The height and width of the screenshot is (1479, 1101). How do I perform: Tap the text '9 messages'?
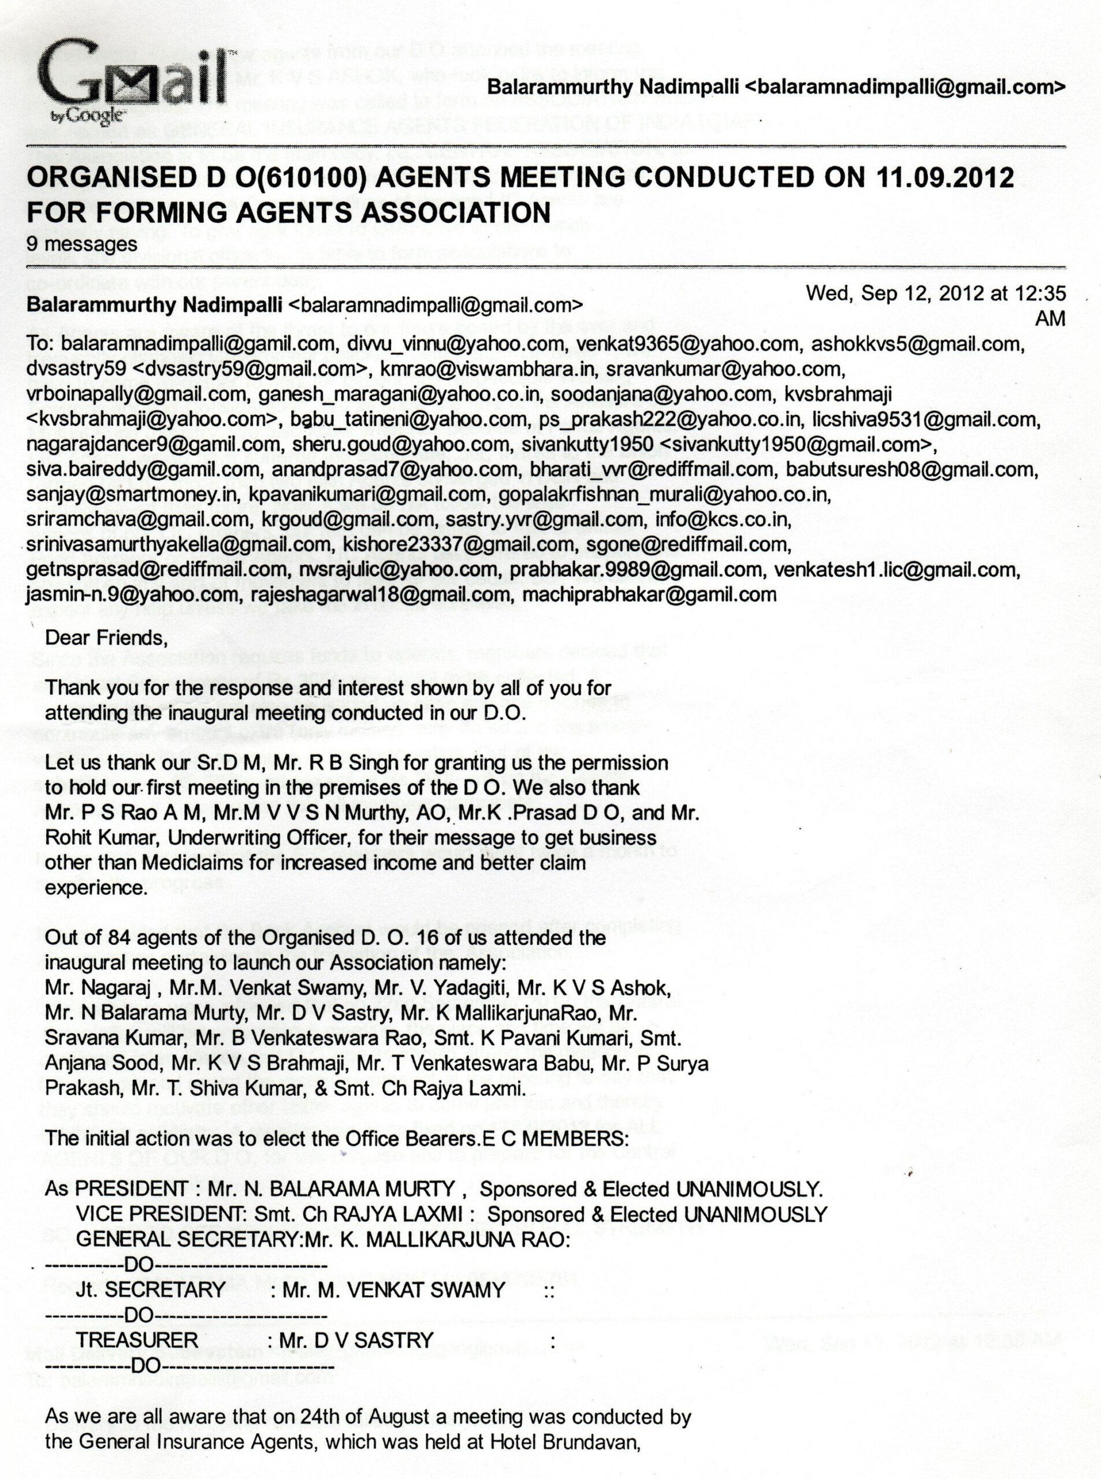(81, 243)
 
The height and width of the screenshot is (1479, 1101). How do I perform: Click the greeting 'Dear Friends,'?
(103, 638)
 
